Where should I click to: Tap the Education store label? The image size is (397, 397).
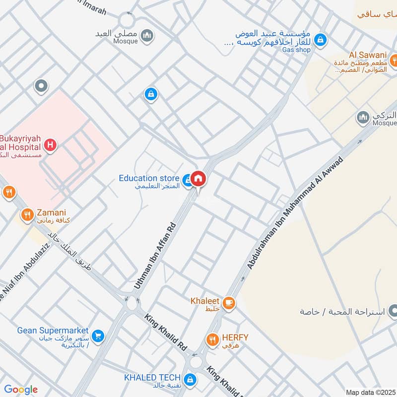pos(149,178)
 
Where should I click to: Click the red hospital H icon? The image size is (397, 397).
pos(50,145)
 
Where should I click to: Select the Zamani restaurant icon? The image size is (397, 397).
pos(27,215)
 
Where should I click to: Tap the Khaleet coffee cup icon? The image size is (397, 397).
pos(228,303)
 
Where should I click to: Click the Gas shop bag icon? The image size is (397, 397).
pos(321,38)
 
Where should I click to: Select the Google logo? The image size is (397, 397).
pos(21,390)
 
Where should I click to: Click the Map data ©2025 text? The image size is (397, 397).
pos(370,392)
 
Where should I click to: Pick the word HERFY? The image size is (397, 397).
pos(235,337)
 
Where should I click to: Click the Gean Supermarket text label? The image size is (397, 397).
pos(53,331)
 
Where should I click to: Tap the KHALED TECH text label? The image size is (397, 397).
pos(152,378)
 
